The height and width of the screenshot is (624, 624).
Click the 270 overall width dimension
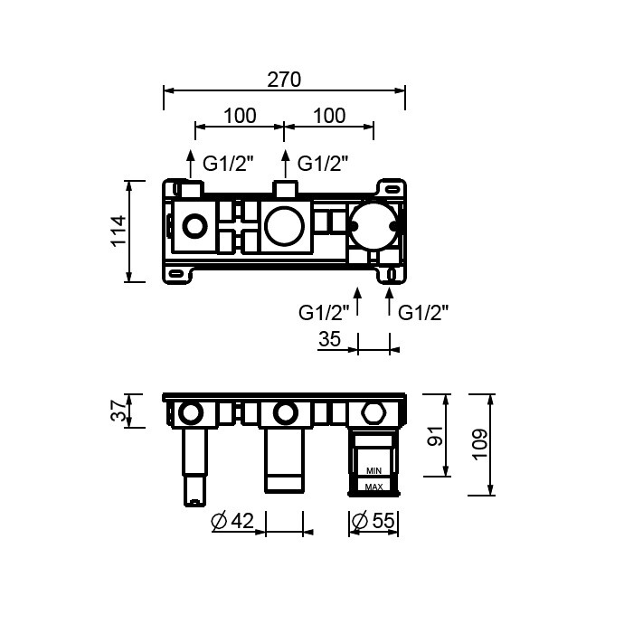click(x=284, y=80)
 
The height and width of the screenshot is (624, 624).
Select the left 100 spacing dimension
click(x=240, y=116)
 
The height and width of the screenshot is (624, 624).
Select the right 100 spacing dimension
click(x=329, y=116)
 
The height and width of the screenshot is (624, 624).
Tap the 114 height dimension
click(x=119, y=232)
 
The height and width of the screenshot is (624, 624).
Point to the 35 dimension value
click(x=329, y=339)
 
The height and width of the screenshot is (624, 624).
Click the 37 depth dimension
click(x=119, y=411)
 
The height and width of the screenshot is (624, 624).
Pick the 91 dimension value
click(x=435, y=435)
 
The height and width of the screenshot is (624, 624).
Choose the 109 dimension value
click(x=479, y=444)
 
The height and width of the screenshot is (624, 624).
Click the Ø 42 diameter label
click(x=232, y=521)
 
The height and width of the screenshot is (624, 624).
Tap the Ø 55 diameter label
click(x=373, y=521)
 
